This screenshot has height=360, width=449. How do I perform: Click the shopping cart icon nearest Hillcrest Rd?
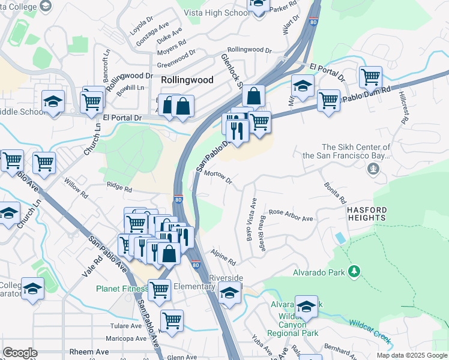pos(370,77)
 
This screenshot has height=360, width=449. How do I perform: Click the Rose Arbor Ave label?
pos(291,215)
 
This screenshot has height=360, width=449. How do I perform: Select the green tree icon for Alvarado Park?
pos(355,272)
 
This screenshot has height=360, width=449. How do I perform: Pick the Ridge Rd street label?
pos(119,187)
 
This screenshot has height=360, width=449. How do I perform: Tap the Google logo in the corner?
pos(19,353)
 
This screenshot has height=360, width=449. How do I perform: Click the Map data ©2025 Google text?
pos(411,355)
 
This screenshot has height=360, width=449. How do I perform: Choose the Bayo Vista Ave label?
pos(251,220)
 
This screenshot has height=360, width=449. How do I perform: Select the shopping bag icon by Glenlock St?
pos(253,96)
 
